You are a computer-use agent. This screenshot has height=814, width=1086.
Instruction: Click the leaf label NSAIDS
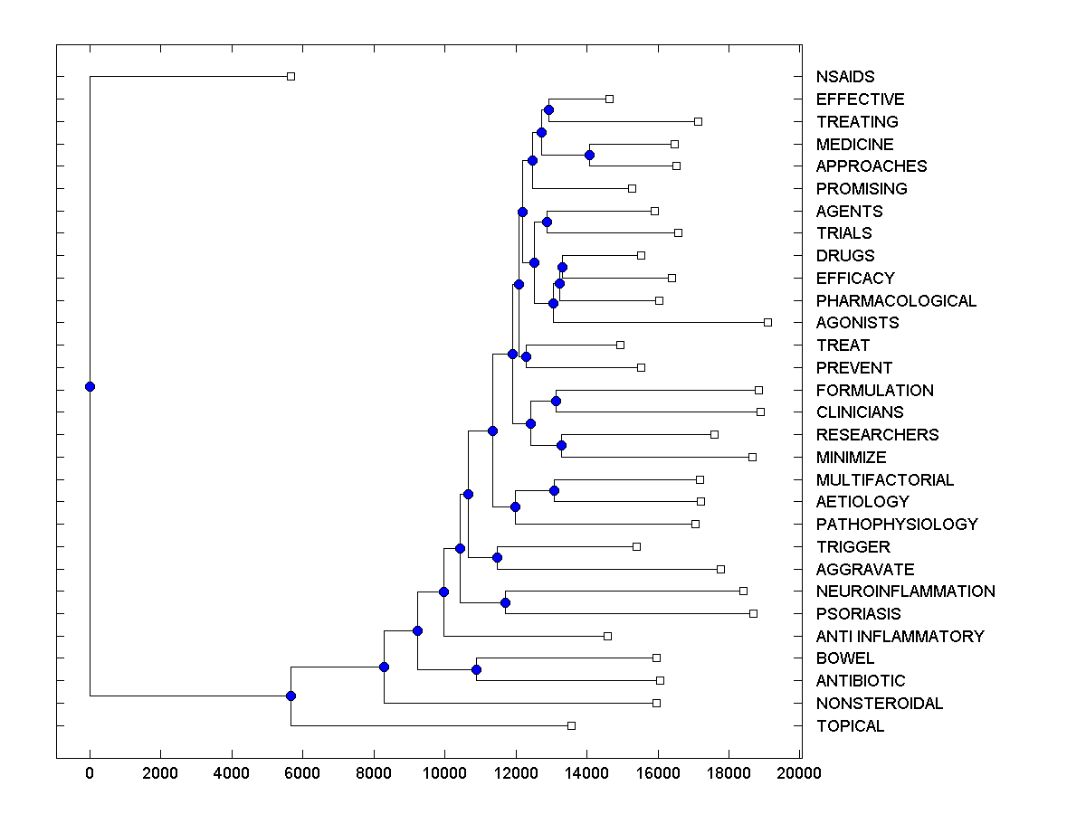click(x=844, y=77)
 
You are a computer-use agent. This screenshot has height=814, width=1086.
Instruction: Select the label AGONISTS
click(x=857, y=323)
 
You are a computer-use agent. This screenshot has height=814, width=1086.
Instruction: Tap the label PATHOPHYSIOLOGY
click(x=896, y=525)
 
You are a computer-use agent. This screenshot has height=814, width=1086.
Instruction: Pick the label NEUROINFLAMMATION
click(x=905, y=592)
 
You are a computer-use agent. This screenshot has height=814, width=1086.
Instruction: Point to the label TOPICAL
click(x=850, y=726)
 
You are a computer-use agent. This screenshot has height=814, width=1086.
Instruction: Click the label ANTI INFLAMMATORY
click(x=900, y=637)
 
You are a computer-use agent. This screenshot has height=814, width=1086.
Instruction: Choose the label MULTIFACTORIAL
click(x=884, y=480)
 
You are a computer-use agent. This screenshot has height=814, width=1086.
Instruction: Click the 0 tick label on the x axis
click(x=90, y=773)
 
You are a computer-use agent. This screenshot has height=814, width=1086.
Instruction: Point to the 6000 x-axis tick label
click(x=302, y=773)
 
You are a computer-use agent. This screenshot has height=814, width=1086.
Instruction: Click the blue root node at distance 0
click(x=90, y=386)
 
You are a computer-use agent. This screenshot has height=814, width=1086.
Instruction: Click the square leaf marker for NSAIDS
click(x=291, y=76)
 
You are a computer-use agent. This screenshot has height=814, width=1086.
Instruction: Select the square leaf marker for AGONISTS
click(x=767, y=322)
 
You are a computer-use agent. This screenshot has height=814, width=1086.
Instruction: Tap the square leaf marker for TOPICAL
click(x=571, y=725)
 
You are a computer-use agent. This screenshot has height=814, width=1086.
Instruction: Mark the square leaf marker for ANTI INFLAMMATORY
click(x=607, y=636)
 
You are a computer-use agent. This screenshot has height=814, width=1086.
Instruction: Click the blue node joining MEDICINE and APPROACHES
click(x=589, y=155)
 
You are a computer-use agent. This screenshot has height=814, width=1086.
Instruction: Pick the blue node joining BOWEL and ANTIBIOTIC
click(x=476, y=669)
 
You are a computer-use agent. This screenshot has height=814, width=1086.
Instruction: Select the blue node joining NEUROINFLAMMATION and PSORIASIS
click(x=505, y=602)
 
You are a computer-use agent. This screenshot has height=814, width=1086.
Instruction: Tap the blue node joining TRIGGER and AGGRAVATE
click(x=497, y=557)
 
